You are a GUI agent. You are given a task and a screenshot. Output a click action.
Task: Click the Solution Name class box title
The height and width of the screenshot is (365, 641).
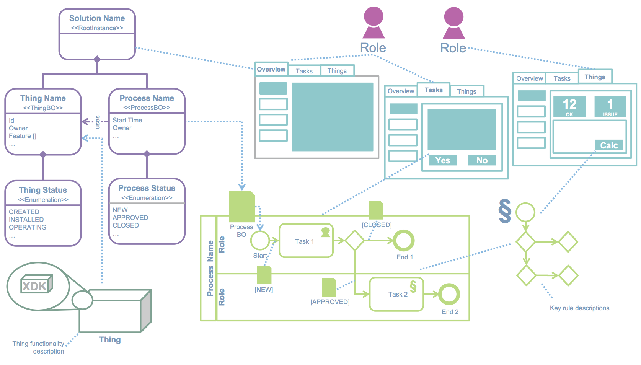point(97,18)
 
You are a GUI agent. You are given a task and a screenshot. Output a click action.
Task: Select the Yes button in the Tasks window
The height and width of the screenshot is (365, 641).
point(443,160)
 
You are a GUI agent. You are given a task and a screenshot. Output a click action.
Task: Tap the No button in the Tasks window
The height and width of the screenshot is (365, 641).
point(482,160)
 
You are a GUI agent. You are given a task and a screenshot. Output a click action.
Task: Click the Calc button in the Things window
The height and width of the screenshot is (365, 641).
point(609,145)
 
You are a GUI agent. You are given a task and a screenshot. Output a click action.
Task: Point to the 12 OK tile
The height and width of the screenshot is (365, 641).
point(569,106)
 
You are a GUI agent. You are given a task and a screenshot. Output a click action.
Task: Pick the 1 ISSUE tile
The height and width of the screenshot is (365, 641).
point(610,106)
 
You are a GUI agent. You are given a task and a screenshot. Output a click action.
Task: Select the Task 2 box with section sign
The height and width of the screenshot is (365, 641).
point(396,294)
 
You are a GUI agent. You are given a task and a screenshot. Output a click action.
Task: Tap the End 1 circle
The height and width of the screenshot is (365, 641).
point(404,241)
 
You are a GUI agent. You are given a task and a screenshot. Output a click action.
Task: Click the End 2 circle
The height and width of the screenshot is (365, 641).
point(449,294)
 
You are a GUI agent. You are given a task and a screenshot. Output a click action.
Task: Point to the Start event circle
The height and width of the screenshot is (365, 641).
point(260,241)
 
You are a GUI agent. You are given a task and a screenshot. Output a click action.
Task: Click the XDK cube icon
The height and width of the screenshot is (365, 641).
point(36,284)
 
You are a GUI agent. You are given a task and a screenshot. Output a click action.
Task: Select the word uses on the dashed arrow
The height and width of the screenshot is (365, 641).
point(98,122)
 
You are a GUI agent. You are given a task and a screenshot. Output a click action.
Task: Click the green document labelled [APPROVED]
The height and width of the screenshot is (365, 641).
point(329,287)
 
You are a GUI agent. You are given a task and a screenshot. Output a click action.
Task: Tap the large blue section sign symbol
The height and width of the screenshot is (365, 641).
point(505,211)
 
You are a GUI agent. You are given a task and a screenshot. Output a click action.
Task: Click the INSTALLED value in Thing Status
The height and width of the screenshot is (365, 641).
point(26,220)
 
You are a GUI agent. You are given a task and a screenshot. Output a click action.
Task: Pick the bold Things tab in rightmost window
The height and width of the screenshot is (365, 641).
point(595,77)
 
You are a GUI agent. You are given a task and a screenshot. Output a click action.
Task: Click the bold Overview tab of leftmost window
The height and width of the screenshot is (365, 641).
point(271,69)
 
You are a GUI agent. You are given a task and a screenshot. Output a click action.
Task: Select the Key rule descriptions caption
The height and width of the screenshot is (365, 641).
point(579,308)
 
